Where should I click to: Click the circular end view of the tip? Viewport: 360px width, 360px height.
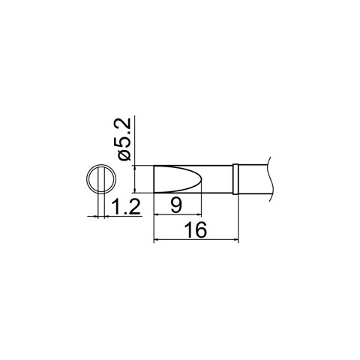click(x=99, y=179)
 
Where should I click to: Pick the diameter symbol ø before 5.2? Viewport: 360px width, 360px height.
click(x=126, y=153)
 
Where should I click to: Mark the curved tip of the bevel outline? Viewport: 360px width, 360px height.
click(x=201, y=179)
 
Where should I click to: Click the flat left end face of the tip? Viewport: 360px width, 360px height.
click(x=153, y=179)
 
